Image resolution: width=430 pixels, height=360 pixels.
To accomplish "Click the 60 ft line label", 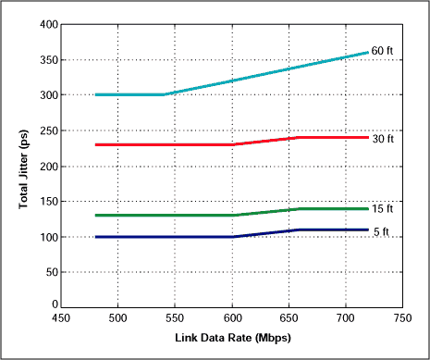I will pyautogui.click(x=383, y=50).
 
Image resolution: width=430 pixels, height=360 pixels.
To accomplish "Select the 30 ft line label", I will pyautogui.click(x=383, y=139).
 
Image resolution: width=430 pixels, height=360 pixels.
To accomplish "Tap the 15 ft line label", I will pyautogui.click(x=383, y=209).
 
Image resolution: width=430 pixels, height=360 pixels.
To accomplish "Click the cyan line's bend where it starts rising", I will pyautogui.click(x=165, y=94).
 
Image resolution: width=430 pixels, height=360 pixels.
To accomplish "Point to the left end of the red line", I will pyautogui.click(x=96, y=144).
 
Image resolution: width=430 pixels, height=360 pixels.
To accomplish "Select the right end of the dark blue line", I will pyautogui.click(x=368, y=230).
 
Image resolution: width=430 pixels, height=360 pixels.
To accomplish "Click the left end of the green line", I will pyautogui.click(x=96, y=216).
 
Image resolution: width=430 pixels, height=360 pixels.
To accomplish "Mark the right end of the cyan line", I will pyautogui.click(x=368, y=53).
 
